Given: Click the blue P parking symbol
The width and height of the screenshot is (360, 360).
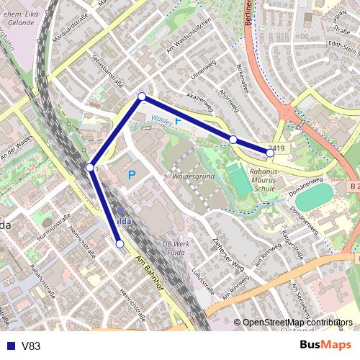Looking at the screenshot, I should tap(132, 175).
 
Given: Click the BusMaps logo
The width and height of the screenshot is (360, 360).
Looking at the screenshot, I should tap(325, 346).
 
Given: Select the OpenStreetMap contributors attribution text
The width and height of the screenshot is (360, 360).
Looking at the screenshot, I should tap(297, 323).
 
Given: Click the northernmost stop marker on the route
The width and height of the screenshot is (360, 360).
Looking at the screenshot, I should tap(142, 96).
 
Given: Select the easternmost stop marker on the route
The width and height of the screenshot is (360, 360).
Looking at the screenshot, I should tap(271, 153).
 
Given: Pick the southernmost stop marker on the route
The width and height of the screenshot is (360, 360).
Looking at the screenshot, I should tap(120, 244).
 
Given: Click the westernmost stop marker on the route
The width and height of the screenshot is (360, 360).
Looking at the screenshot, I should tap(90, 168).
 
